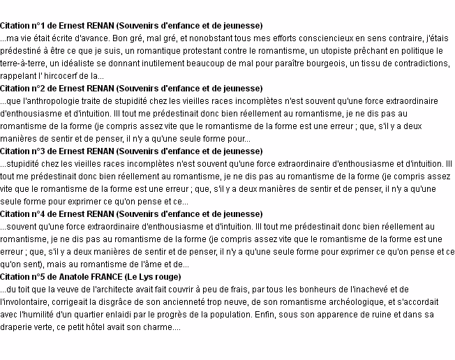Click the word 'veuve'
click(x=71, y=289)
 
